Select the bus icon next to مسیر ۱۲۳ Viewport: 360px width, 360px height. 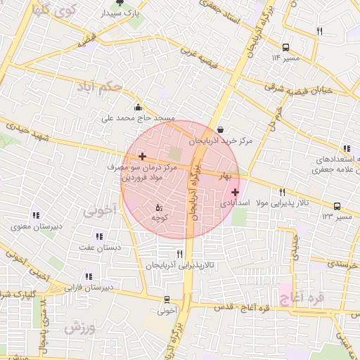click(x=338, y=207)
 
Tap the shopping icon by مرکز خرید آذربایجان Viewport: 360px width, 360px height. click(x=221, y=129)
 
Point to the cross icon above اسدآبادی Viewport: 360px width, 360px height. click(x=235, y=191)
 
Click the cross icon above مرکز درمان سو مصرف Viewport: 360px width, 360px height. click(x=143, y=156)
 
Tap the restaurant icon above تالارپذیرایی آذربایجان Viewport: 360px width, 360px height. click(x=179, y=254)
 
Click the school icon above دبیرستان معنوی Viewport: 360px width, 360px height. click(x=35, y=216)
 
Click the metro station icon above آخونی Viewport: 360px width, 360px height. click(x=167, y=297)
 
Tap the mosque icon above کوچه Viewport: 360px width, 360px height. click(x=158, y=207)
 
